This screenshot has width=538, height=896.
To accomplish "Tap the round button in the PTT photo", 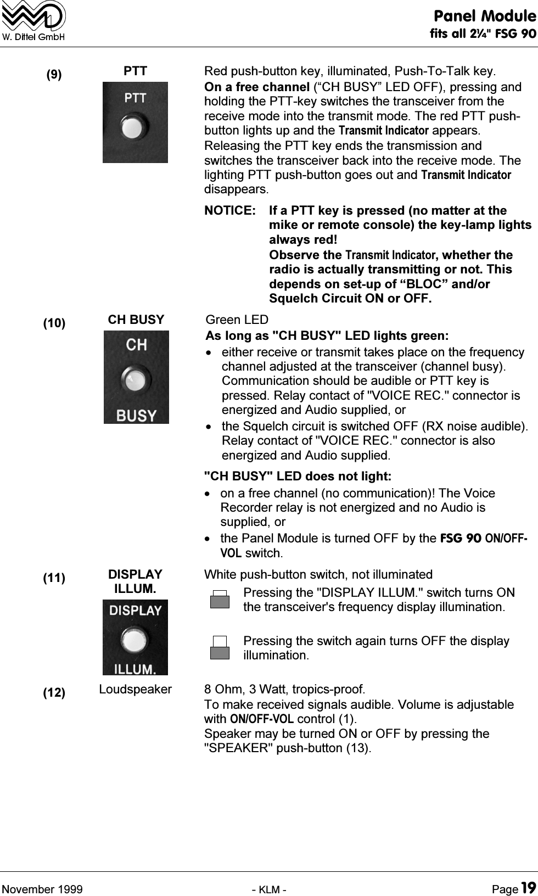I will click(x=134, y=127).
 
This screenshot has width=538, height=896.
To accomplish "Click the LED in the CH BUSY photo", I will click(x=136, y=379).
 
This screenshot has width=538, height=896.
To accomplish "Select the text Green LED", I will click(x=237, y=320).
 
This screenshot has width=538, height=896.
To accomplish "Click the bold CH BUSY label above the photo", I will click(x=136, y=320).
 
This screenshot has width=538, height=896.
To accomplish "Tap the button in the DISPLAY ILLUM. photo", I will click(x=134, y=641).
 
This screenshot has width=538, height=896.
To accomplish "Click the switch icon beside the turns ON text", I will click(x=220, y=599).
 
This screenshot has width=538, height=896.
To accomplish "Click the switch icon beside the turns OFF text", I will click(x=220, y=647).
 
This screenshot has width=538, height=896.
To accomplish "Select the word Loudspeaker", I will click(x=135, y=689).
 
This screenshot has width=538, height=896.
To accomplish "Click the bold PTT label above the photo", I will click(x=135, y=71).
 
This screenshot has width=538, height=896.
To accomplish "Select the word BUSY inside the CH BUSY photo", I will click(x=136, y=415).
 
